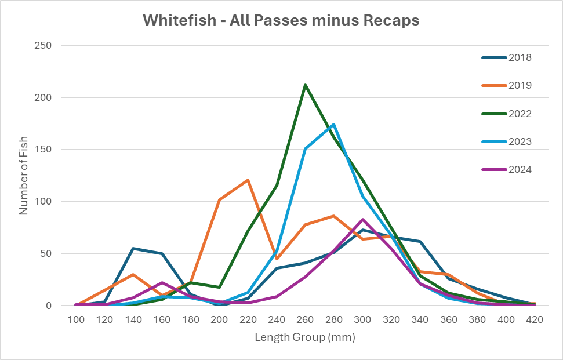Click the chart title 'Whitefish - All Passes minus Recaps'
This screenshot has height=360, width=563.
(x=281, y=21)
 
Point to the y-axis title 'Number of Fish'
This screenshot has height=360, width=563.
(x=24, y=176)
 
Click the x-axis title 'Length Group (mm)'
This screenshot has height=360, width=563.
(x=304, y=336)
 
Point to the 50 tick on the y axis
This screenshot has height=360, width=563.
(x=46, y=254)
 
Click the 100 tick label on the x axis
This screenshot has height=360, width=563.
(x=76, y=319)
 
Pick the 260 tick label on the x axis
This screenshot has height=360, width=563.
(x=306, y=319)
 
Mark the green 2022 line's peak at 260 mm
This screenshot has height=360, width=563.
(x=306, y=85)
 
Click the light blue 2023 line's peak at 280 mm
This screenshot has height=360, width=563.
(x=334, y=125)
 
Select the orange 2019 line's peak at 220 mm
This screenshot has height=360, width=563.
(x=248, y=180)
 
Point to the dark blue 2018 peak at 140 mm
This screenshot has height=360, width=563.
(x=133, y=248)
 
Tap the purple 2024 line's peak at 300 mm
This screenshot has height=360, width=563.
(x=363, y=219)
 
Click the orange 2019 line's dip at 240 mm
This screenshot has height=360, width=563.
(x=277, y=259)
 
